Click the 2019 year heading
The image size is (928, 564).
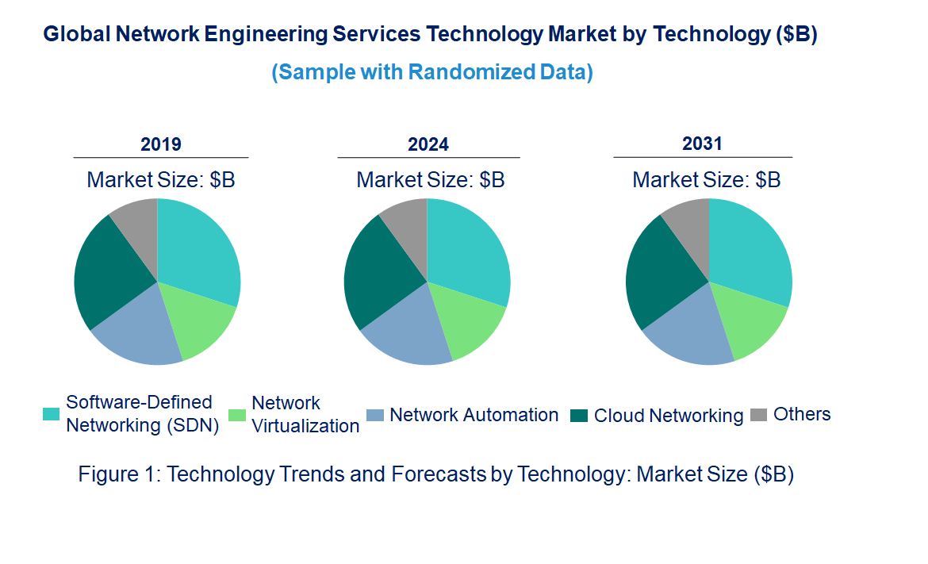pos(161,144)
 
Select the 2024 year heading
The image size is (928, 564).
pos(428,144)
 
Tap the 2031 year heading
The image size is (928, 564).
pos(702,144)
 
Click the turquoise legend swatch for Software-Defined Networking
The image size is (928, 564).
pos(51,414)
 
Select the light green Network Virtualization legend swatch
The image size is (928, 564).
pos(236,415)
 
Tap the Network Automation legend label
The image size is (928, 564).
pos(474,415)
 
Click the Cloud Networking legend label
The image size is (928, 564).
pos(669,416)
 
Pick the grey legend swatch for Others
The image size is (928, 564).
pos(759,415)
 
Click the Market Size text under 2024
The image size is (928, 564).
pos(430,180)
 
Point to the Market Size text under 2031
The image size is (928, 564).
pos(706,180)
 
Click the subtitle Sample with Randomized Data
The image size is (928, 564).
pos(432,72)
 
